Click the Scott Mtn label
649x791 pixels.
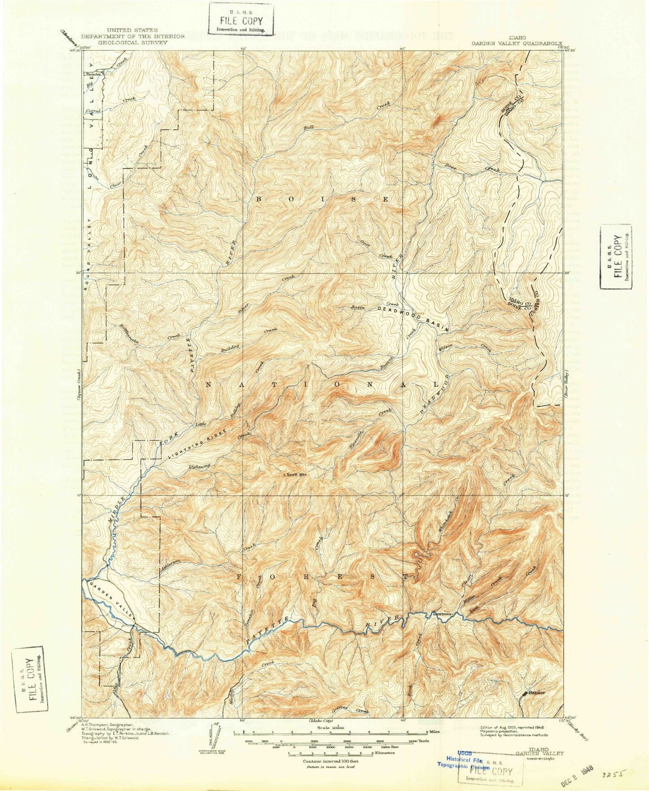click(297, 474)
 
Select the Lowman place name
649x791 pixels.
click(442, 613)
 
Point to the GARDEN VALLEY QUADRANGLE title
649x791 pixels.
click(516, 44)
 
